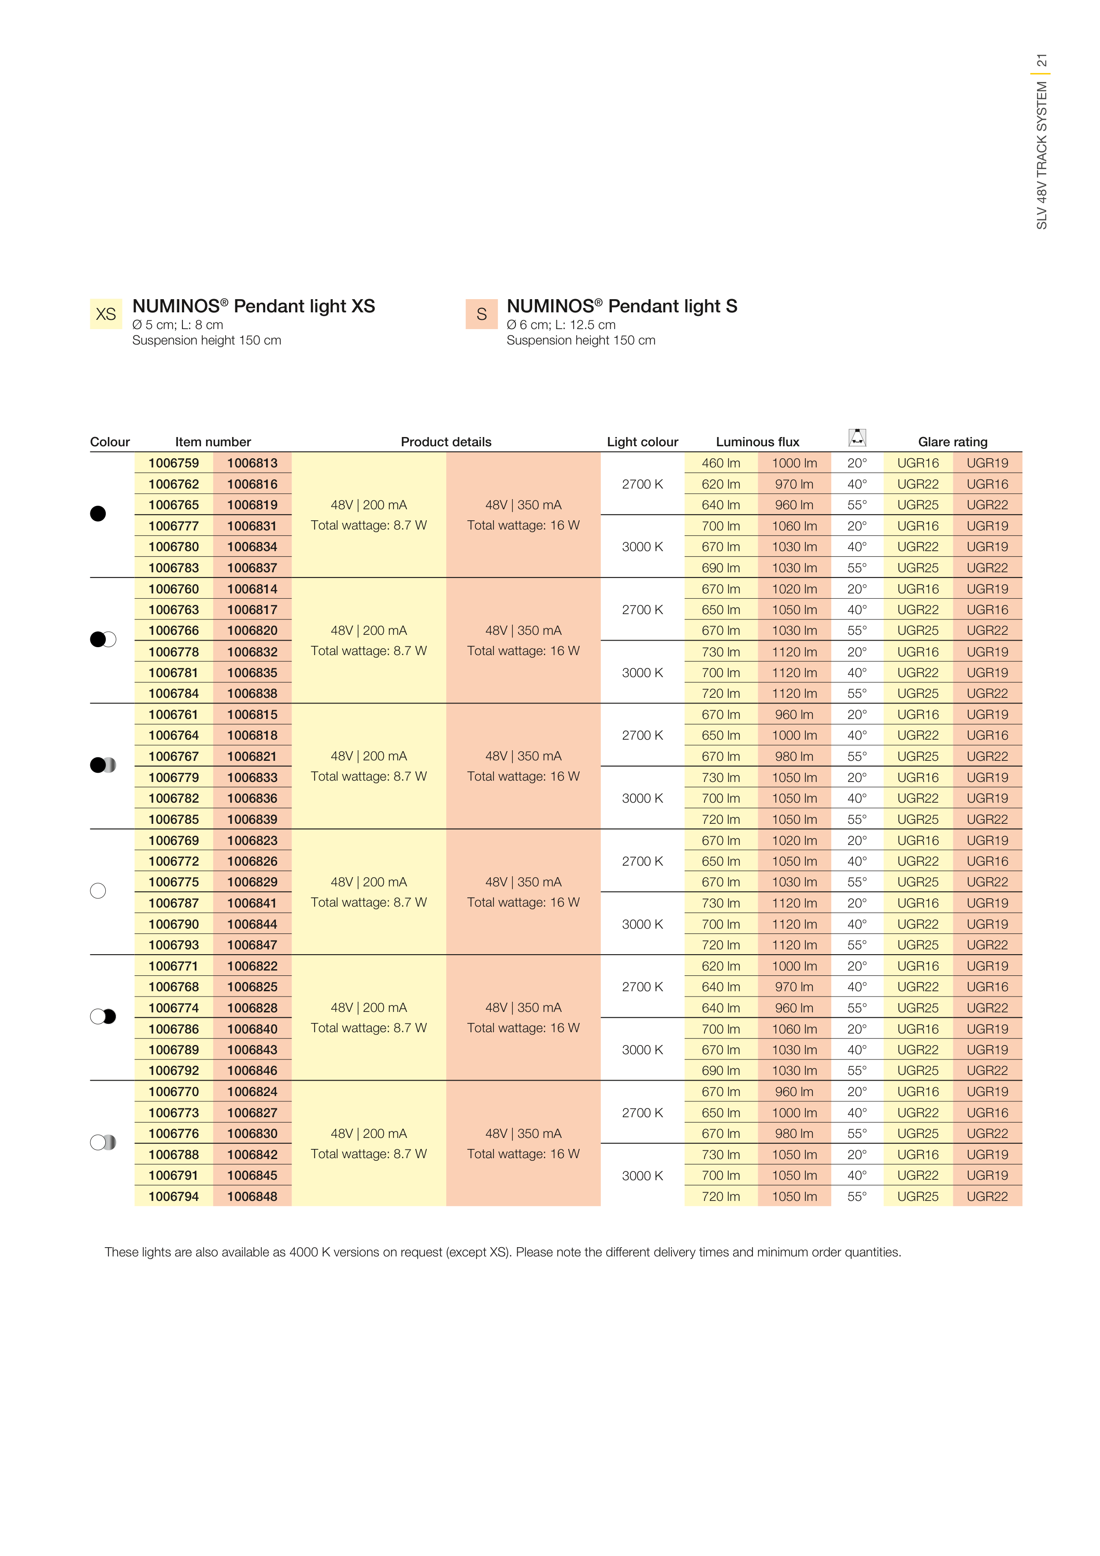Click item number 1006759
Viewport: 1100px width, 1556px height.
tap(174, 463)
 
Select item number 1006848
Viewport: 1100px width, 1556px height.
tap(252, 1196)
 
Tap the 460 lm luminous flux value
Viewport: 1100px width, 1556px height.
tap(720, 463)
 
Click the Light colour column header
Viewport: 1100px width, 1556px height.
tap(642, 442)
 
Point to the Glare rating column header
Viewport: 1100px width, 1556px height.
tap(952, 442)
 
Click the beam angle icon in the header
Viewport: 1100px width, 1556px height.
tap(857, 438)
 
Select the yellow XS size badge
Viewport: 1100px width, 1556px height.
tap(106, 314)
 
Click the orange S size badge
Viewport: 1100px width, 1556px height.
tap(481, 314)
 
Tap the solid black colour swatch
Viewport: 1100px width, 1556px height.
tap(98, 514)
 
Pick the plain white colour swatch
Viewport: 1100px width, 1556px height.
tap(98, 890)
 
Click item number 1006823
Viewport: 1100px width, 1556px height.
tap(252, 841)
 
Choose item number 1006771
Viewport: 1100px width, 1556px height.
tap(174, 966)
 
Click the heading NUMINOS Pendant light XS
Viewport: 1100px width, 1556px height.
tap(253, 306)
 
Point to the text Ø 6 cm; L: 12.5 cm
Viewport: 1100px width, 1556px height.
tap(560, 325)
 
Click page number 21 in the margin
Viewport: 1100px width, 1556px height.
tap(1042, 60)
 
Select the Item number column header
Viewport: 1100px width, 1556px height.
tap(213, 442)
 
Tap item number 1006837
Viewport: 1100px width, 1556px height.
tap(252, 568)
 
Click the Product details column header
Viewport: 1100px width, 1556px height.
tap(446, 442)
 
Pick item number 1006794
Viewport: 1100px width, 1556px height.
tap(174, 1196)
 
